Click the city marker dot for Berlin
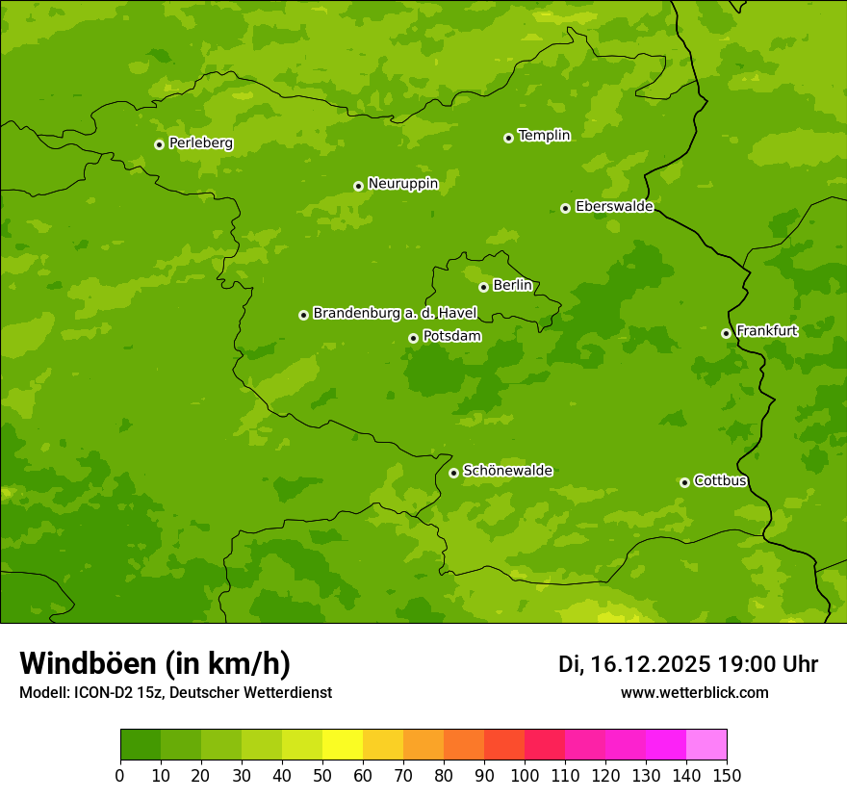point(483,287)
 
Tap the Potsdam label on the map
point(451,336)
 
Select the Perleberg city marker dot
point(159,144)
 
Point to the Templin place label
point(544,136)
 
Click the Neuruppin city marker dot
point(358,186)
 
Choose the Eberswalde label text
point(614,206)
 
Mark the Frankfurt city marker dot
point(726,333)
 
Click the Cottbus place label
point(720,480)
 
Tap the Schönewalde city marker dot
point(453,473)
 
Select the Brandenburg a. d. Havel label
point(395,313)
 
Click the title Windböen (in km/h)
point(155,663)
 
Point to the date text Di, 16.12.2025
point(634,664)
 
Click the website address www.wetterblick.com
point(694,692)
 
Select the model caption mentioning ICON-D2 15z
point(175,692)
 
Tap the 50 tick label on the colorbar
point(322,776)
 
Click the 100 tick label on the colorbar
point(525,776)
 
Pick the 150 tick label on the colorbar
point(727,776)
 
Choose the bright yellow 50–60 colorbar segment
point(343,745)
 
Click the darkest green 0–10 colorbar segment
point(141,745)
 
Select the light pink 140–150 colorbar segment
point(706,745)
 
